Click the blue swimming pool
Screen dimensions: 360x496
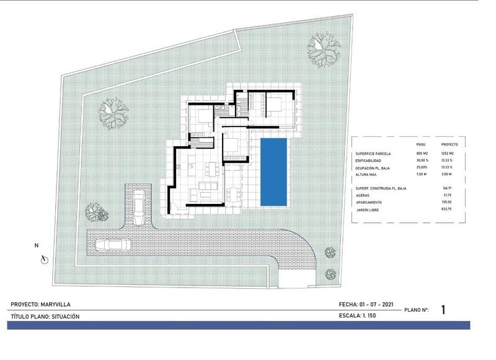point(273,172)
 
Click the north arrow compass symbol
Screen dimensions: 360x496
point(43,259)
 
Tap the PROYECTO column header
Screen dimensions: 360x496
point(441,143)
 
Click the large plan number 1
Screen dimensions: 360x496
point(443,310)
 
